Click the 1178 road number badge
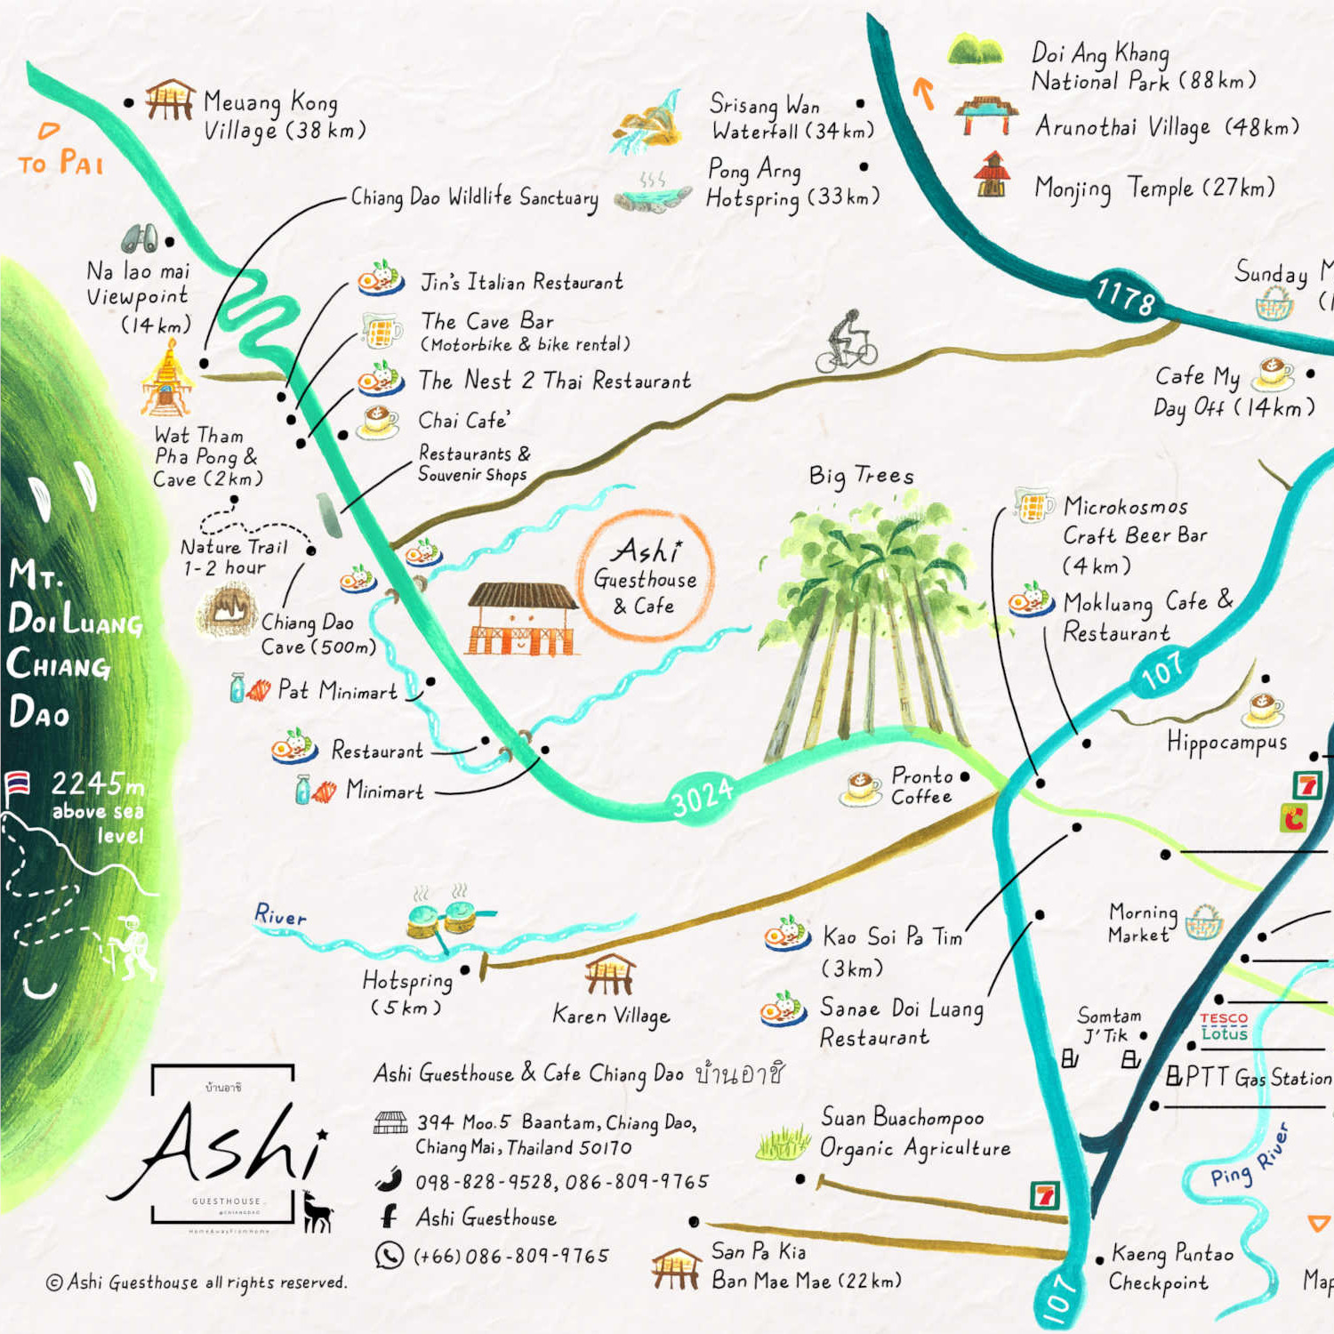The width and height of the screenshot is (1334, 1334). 1126,295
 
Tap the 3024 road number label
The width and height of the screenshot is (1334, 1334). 703,796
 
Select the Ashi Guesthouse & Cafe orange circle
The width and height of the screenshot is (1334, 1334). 646,575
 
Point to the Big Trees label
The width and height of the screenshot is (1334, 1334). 861,476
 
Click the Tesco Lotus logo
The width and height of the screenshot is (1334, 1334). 1225,1025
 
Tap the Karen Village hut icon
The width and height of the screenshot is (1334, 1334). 610,974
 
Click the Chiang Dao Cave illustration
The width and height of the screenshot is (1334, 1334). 227,609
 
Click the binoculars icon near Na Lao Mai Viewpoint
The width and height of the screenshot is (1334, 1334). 141,237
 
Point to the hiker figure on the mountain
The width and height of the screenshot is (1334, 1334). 132,947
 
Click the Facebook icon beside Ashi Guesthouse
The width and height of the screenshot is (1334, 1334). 389,1216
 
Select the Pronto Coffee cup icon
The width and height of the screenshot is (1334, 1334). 861,788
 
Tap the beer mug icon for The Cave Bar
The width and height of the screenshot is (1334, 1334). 382,330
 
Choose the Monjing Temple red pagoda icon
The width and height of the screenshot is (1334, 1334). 992,174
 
